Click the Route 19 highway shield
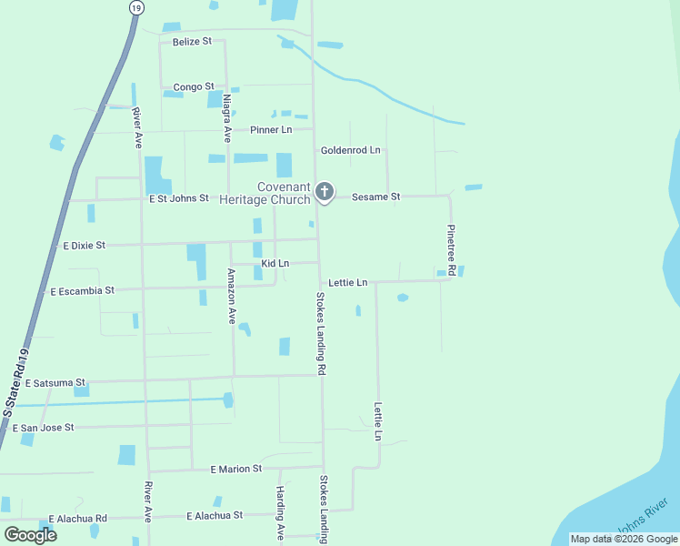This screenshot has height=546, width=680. click(x=136, y=7)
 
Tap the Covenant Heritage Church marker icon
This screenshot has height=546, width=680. click(x=325, y=192)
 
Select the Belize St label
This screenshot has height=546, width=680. click(x=192, y=42)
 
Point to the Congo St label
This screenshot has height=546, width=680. click(x=194, y=87)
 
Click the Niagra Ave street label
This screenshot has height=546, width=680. click(x=227, y=118)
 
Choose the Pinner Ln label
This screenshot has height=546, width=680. click(x=271, y=130)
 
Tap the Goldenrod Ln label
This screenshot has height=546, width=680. click(x=350, y=149)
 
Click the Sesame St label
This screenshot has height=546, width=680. click(x=375, y=197)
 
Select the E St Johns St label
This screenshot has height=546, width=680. click(x=179, y=197)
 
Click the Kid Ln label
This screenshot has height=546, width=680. click(x=275, y=263)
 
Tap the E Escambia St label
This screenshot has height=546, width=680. click(x=83, y=291)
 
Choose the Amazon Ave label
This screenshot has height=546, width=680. click(x=232, y=296)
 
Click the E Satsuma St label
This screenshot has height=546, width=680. click(x=55, y=383)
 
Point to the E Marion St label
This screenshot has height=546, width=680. click(x=235, y=469)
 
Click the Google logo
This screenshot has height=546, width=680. click(x=30, y=535)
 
